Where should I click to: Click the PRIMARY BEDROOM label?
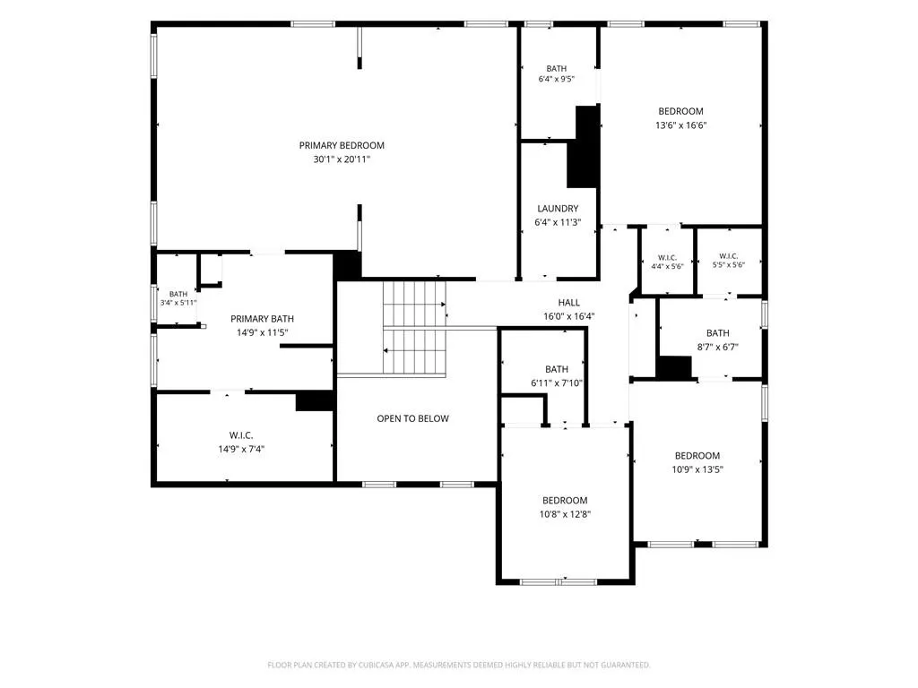click(342, 146)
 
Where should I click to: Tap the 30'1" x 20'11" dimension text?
click(342, 159)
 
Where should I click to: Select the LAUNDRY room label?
click(558, 208)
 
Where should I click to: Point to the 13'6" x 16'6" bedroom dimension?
click(681, 125)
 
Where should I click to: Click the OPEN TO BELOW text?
click(412, 418)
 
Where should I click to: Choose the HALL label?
click(568, 303)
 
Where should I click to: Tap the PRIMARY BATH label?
click(262, 319)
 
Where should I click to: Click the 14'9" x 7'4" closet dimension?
click(241, 450)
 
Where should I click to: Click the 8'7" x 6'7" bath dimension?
click(717, 347)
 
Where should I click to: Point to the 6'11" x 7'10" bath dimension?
click(556, 383)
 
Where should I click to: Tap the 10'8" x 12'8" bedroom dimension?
click(565, 514)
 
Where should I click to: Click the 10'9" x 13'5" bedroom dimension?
click(697, 469)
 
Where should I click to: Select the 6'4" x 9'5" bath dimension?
click(556, 79)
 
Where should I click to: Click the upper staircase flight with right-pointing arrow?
click(414, 305)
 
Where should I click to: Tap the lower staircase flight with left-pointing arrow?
click(414, 351)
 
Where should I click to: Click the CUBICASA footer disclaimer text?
click(458, 665)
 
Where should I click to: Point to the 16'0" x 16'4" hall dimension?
click(568, 316)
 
